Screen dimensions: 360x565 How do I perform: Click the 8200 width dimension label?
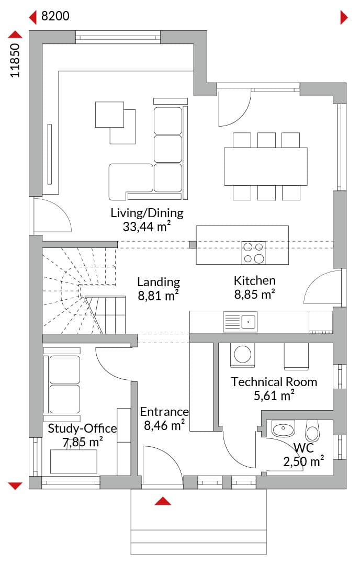tap(55, 16)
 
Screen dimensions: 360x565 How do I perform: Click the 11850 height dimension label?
tap(15, 60)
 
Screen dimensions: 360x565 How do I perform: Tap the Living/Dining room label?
tap(147, 213)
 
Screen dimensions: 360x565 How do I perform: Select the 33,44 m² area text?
tap(147, 227)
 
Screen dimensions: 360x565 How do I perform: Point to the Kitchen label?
tap(254, 281)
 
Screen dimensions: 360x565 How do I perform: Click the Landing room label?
tap(159, 282)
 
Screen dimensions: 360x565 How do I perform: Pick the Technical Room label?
tap(274, 382)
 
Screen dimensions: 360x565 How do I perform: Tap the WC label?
tap(303, 448)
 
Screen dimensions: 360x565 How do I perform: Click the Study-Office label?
tap(82, 428)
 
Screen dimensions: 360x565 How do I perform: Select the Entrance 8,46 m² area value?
tap(164, 425)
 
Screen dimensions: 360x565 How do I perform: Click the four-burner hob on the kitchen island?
tap(253, 253)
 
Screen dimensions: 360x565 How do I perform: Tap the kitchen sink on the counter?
tap(240, 321)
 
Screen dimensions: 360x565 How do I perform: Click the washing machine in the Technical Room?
tap(242, 355)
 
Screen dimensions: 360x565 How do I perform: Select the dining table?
tap(266, 166)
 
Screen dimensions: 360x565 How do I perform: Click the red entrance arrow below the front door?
tap(163, 501)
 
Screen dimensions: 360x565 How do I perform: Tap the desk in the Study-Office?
tap(73, 461)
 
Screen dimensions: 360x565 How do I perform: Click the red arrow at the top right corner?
tap(344, 17)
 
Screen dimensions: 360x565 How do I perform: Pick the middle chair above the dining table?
tap(266, 140)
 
